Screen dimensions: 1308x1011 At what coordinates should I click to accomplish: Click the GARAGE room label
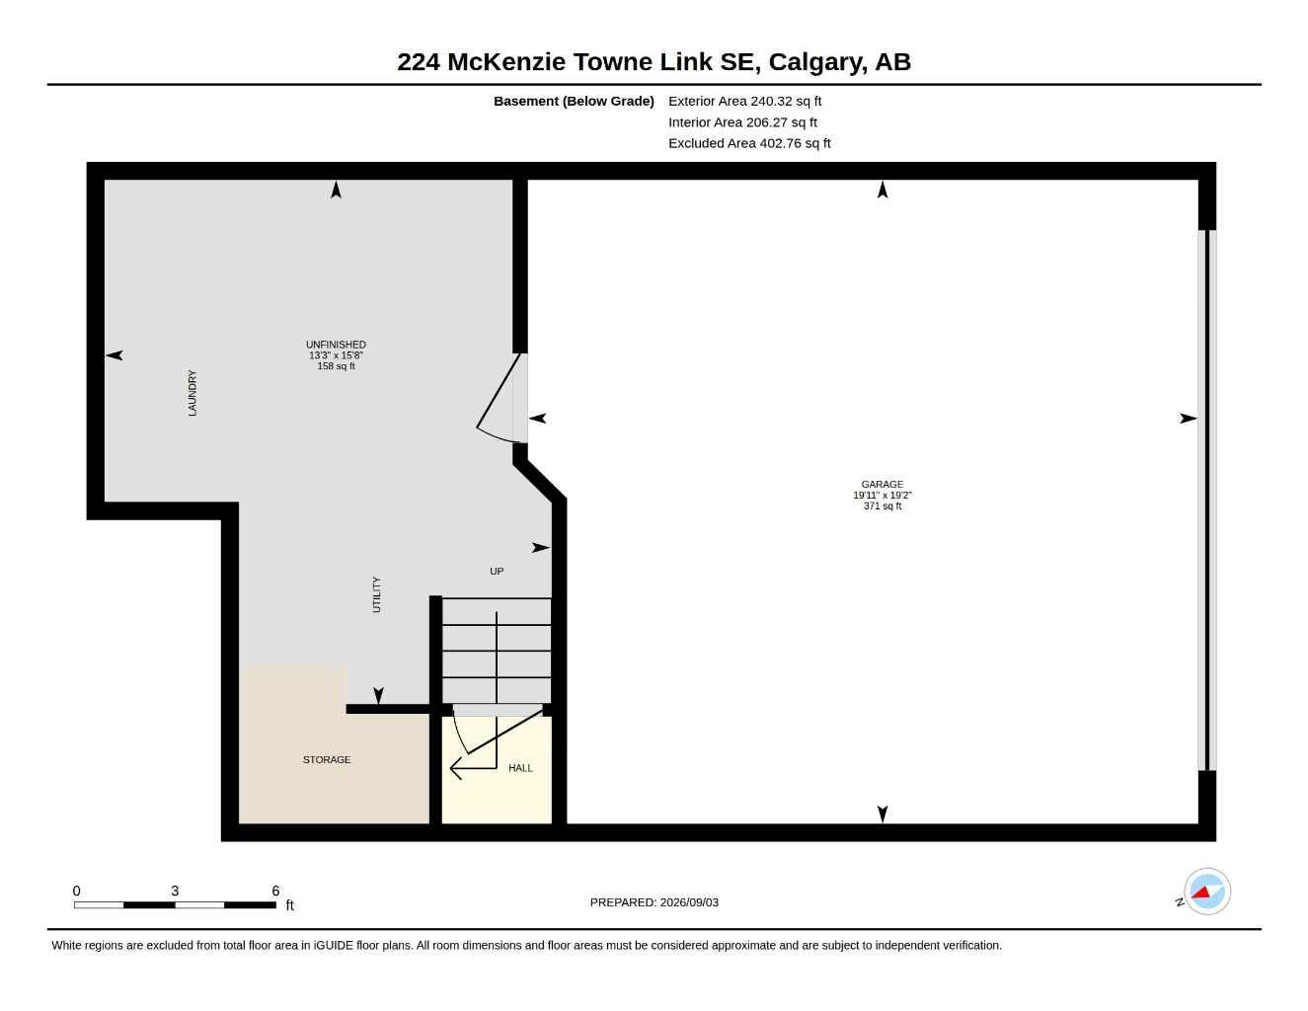tap(882, 484)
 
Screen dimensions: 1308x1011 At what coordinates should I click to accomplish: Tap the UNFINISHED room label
tap(336, 345)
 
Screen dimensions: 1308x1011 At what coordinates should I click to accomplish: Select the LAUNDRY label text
tap(192, 393)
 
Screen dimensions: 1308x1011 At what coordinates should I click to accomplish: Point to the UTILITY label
tap(377, 594)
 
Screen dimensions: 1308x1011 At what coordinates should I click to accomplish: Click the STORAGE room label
tap(327, 759)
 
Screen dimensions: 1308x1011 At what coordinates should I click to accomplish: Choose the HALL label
tap(520, 768)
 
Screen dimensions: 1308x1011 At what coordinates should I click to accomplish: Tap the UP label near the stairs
tap(497, 571)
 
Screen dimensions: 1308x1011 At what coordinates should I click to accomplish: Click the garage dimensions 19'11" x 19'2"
tap(883, 495)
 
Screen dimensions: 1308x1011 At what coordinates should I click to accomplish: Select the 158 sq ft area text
tap(336, 366)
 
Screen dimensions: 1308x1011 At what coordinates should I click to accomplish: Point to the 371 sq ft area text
tap(883, 505)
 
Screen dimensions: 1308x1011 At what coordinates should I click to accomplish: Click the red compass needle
tap(1200, 892)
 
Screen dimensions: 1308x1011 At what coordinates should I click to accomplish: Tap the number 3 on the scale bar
tap(175, 891)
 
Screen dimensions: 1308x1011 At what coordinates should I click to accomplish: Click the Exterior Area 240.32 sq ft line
tap(744, 101)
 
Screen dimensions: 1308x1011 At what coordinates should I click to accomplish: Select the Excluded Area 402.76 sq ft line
tap(749, 143)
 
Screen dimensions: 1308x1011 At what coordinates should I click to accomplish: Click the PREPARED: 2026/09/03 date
tap(654, 902)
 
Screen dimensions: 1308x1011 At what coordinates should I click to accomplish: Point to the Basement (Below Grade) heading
tap(574, 101)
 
